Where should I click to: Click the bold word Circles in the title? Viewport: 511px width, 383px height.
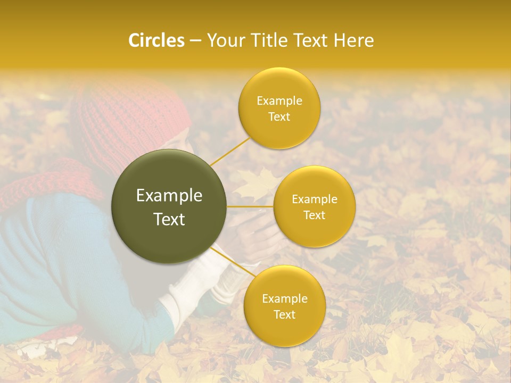(156, 40)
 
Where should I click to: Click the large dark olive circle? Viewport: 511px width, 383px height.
(169, 206)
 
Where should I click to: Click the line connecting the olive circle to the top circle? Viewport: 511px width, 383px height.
(229, 151)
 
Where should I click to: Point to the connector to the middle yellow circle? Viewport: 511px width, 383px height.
(250, 206)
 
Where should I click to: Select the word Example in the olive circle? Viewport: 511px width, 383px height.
(169, 196)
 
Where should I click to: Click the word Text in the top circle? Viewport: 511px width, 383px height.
(279, 116)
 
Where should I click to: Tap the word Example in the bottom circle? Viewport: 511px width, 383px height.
(284, 299)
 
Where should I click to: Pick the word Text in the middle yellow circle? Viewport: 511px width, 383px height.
(314, 215)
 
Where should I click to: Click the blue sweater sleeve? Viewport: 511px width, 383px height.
(69, 266)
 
